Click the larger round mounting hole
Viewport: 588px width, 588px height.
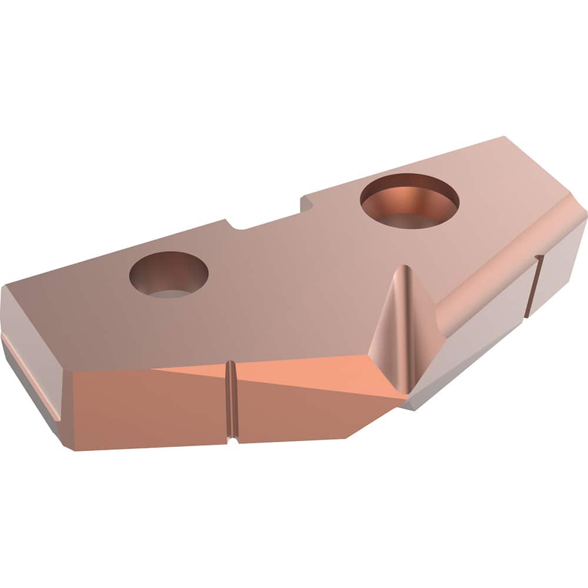[x=409, y=201]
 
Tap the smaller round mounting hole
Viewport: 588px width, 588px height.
[x=169, y=274]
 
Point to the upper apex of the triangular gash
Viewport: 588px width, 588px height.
[x=401, y=268]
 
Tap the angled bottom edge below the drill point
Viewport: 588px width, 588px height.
[x=376, y=420]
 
